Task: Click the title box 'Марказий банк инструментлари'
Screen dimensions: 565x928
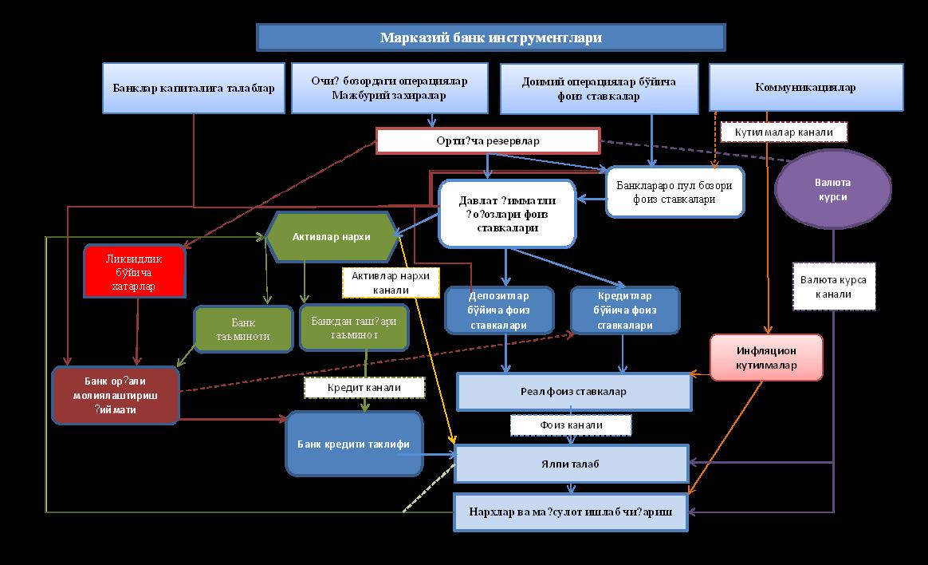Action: (490, 38)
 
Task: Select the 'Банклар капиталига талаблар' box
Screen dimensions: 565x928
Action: (194, 88)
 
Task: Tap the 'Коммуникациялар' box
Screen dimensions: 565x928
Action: (805, 88)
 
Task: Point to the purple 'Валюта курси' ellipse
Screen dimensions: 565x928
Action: (832, 190)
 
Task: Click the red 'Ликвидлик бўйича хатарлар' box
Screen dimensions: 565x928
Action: (135, 271)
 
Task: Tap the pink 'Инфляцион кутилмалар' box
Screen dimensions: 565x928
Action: (766, 358)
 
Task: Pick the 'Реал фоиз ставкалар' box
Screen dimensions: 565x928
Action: (574, 391)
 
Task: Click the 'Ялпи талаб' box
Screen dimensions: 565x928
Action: (571, 464)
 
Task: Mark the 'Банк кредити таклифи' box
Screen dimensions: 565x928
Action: (354, 443)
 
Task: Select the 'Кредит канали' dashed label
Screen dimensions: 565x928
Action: (364, 388)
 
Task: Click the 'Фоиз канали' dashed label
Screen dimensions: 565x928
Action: (571, 425)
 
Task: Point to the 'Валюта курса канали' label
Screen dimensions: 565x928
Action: (834, 286)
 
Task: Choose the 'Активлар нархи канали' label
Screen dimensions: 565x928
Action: (391, 282)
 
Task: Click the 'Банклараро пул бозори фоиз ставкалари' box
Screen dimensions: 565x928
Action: (675, 192)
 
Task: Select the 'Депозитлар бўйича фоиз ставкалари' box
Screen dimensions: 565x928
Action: (498, 310)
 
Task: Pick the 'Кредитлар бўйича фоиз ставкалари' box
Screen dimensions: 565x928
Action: (625, 310)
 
